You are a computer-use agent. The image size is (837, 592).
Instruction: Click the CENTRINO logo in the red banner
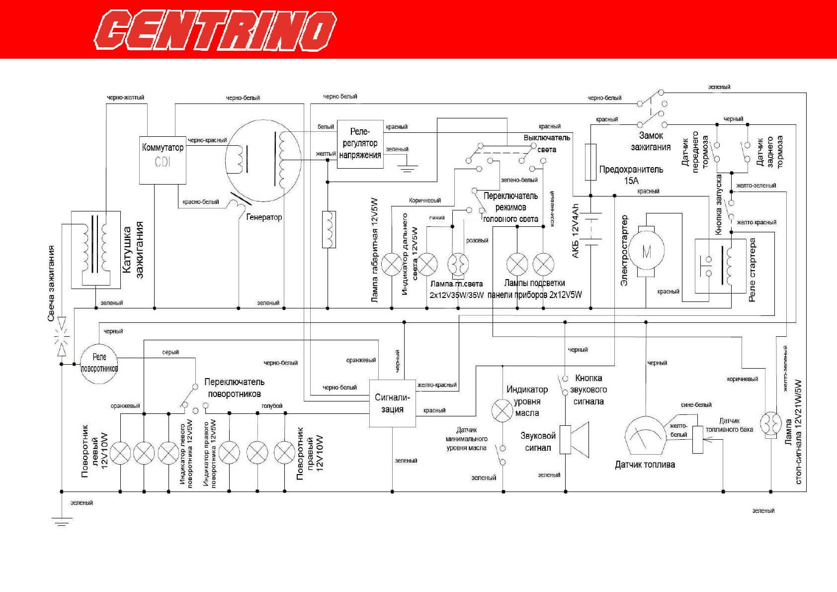(215, 30)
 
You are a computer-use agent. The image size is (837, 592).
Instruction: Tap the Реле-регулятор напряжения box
(360, 144)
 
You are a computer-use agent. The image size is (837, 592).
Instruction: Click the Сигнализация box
(392, 403)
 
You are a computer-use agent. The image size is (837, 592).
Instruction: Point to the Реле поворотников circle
(99, 364)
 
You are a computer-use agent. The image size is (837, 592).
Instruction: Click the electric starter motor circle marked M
(646, 252)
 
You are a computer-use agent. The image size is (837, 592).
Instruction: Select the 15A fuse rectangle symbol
(590, 162)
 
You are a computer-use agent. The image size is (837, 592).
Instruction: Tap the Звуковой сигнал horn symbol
(575, 439)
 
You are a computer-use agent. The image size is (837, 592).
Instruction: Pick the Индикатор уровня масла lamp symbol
(502, 410)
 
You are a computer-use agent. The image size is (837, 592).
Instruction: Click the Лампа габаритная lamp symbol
(392, 264)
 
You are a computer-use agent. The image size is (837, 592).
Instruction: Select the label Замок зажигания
(651, 141)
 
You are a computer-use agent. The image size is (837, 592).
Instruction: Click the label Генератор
(264, 217)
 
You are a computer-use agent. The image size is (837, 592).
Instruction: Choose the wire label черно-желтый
(125, 98)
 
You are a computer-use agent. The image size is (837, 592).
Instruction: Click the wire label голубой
(272, 406)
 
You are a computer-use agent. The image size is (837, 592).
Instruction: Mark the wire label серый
(170, 352)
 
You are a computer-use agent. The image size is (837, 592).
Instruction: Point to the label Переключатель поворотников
(234, 388)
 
